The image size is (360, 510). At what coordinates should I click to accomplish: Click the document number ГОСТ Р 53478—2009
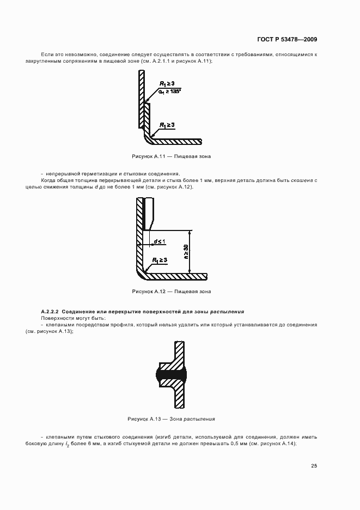287,39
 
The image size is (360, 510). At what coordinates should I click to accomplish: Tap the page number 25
314,465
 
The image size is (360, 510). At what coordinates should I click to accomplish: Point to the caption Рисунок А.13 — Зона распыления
171,419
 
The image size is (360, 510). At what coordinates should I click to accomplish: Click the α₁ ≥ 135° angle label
169,91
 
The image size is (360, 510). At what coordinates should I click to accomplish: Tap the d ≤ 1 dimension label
159,240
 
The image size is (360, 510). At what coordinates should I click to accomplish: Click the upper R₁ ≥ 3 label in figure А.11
167,83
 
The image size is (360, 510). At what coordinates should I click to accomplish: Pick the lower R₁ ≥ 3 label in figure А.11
167,125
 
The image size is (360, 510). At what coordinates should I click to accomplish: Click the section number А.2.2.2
52,311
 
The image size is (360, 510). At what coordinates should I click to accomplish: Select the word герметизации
96,173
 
